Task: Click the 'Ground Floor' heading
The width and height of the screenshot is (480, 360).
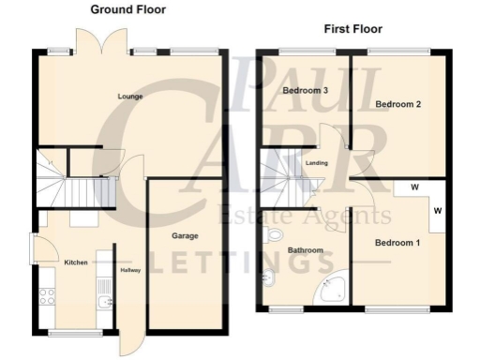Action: pos(127,9)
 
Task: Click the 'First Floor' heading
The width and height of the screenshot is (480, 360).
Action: pos(355,29)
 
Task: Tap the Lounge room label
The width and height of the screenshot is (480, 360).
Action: pos(129,96)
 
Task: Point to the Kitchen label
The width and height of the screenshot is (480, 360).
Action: pos(76,262)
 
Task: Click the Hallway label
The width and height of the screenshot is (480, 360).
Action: pos(130,272)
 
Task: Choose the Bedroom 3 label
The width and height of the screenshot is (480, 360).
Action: pos(304,90)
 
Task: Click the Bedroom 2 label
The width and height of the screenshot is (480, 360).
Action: pos(396,104)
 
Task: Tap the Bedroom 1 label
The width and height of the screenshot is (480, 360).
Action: pos(397,243)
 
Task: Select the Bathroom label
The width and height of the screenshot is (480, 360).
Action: pos(306,250)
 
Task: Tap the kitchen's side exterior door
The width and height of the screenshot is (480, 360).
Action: pos(36,247)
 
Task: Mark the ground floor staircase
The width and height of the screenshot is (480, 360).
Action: pos(80,191)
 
